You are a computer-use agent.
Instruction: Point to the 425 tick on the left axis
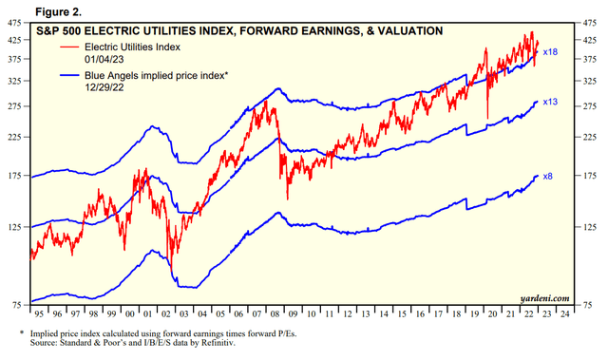pos(16,40)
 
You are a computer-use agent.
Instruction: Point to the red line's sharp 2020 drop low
pos(488,118)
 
